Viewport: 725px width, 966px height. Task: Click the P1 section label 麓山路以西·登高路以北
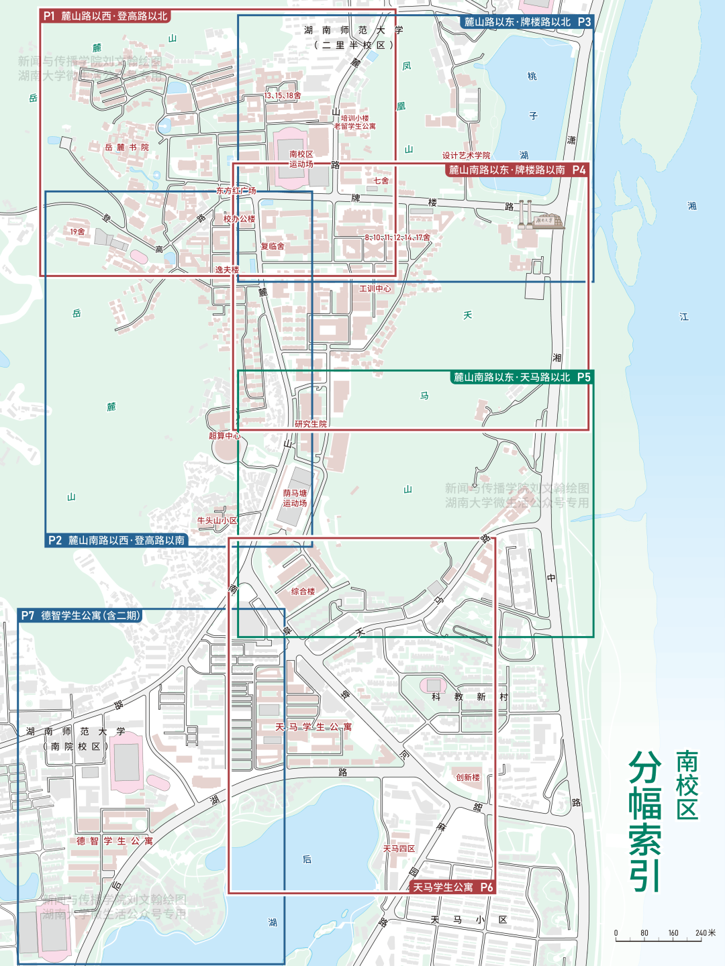[105, 16]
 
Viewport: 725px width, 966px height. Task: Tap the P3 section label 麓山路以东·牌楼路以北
[527, 22]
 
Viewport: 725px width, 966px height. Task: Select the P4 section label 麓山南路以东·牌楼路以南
[516, 170]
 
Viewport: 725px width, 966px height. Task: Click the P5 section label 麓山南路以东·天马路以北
[521, 378]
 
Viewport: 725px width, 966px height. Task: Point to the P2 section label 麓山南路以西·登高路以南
[117, 541]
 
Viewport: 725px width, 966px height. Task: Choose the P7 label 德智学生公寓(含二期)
[81, 616]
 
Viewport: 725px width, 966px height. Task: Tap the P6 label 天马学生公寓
[452, 888]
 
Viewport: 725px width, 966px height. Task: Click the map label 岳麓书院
[127, 148]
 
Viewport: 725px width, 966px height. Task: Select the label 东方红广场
[236, 191]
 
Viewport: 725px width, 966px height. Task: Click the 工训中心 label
[375, 289]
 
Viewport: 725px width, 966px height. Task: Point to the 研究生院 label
[311, 424]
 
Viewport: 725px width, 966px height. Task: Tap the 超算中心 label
[224, 436]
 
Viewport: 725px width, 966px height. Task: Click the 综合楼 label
[303, 592]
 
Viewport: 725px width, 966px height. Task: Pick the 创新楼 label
[468, 778]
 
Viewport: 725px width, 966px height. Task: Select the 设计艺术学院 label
[466, 156]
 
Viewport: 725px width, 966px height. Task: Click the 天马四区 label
[399, 849]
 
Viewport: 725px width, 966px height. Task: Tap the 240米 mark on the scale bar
[705, 933]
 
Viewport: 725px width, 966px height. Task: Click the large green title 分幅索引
[644, 821]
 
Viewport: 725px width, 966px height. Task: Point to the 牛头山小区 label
[217, 521]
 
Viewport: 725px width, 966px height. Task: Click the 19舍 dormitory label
[77, 232]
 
